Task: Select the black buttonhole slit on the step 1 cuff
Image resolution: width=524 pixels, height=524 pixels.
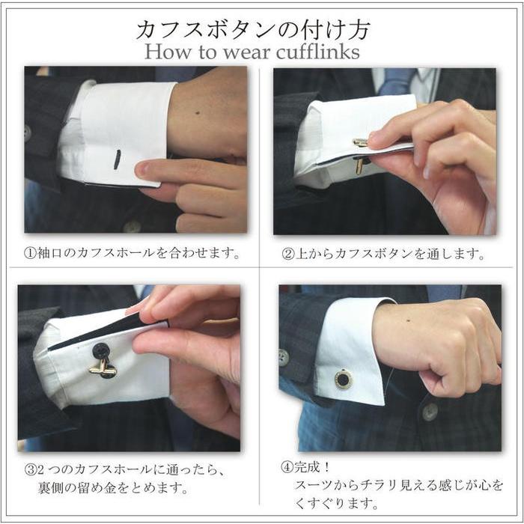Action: [x=117, y=159]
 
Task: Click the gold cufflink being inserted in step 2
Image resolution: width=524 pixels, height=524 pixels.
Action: [x=360, y=153]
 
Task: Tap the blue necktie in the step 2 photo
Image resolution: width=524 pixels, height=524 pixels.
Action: [x=396, y=82]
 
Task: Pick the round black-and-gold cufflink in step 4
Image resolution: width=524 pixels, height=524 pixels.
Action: [x=344, y=379]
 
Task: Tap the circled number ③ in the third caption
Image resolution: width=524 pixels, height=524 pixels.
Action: [x=31, y=472]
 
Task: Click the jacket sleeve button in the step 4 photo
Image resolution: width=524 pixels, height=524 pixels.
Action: [x=283, y=357]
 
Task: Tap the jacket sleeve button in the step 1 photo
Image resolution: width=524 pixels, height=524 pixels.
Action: [x=27, y=132]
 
